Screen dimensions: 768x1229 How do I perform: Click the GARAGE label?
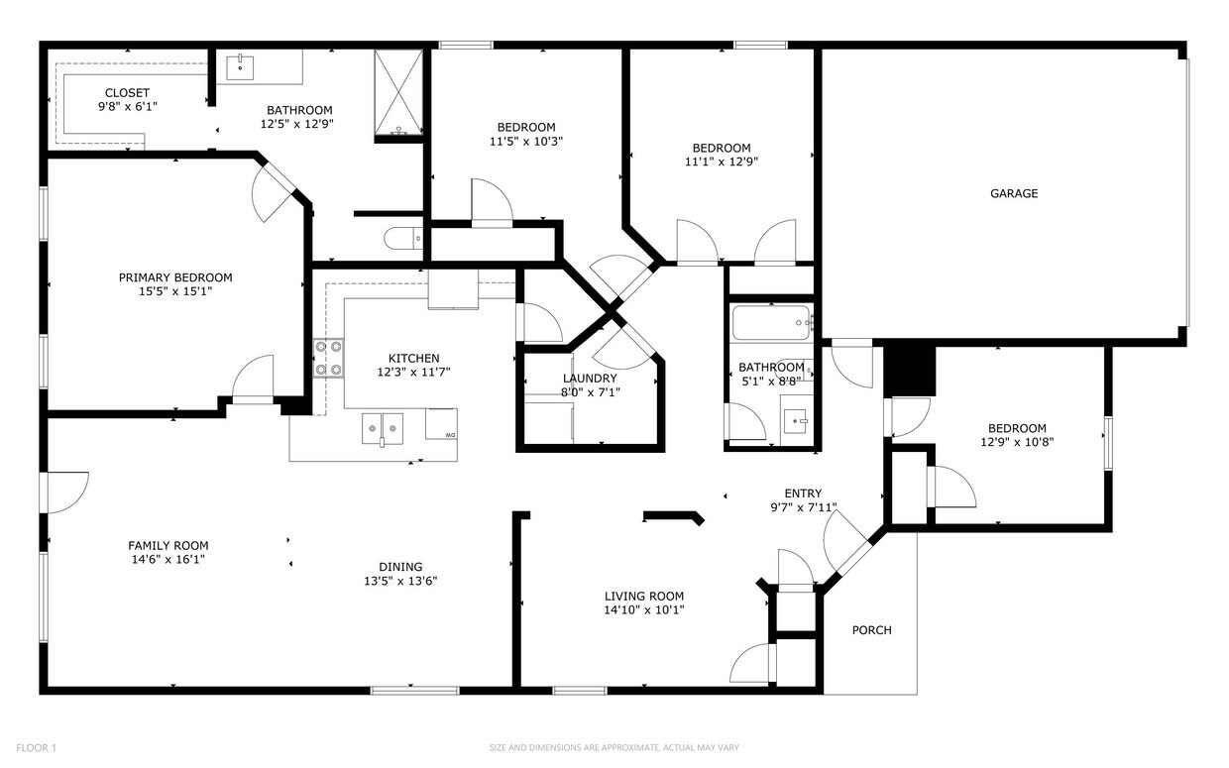1014,193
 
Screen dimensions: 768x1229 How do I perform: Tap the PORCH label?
872,630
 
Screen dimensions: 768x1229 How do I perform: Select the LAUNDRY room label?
590,379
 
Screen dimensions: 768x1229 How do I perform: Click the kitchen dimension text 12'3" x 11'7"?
413,373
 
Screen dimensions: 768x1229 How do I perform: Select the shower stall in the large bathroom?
398,93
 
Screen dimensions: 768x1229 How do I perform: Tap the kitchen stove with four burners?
329,358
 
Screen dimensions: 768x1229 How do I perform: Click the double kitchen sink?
382,427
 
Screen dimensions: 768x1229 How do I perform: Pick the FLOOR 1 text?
37,747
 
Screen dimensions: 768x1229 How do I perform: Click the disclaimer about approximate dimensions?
614,747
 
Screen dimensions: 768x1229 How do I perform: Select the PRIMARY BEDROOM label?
175,277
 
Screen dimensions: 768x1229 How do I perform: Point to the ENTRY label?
802,494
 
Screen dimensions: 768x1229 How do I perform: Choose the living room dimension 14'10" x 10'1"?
644,610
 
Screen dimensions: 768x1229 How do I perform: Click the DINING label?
399,567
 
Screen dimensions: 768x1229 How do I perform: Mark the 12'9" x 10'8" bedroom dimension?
1017,442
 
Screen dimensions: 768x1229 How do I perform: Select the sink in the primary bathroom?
241,67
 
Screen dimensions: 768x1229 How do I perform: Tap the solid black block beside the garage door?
910,369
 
